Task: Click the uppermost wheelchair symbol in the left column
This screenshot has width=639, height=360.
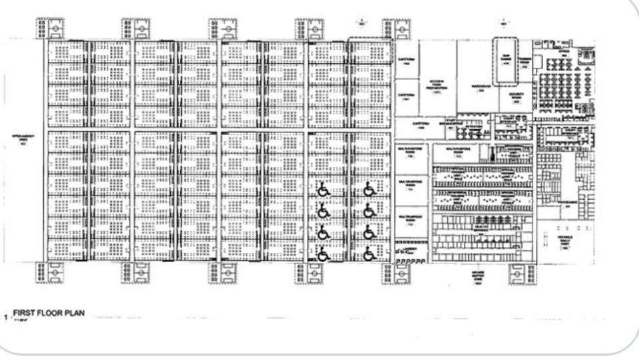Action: [x=323, y=190]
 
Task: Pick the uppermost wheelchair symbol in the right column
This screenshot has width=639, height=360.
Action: [x=369, y=190]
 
